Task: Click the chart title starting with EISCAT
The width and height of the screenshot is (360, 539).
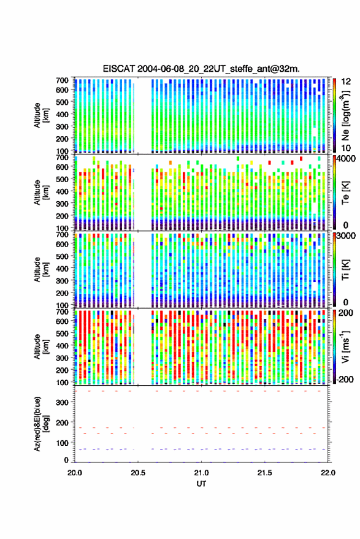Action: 201,69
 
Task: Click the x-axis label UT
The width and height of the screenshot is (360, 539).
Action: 201,484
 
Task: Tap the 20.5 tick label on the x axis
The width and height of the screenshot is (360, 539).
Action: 138,473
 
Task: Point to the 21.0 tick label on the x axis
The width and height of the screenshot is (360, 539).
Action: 201,473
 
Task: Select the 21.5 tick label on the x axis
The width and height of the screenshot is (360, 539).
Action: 264,473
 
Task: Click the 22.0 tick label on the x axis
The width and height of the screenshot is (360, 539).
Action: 327,473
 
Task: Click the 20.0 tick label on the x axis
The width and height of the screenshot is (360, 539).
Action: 75,473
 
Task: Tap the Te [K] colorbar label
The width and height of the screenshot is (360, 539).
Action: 345,193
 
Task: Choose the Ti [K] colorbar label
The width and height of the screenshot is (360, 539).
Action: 345,270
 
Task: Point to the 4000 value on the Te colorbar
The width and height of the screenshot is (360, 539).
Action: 346,159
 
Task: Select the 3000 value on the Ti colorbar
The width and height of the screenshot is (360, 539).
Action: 346,236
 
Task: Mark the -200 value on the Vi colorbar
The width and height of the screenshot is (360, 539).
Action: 345,379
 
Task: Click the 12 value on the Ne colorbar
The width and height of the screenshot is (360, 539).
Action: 346,82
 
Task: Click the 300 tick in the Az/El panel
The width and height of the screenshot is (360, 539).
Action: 62,402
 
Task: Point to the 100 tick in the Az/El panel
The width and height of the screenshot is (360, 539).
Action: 62,443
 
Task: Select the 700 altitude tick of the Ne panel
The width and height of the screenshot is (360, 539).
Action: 62,80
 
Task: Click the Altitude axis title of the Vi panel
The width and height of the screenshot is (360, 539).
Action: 41,346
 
